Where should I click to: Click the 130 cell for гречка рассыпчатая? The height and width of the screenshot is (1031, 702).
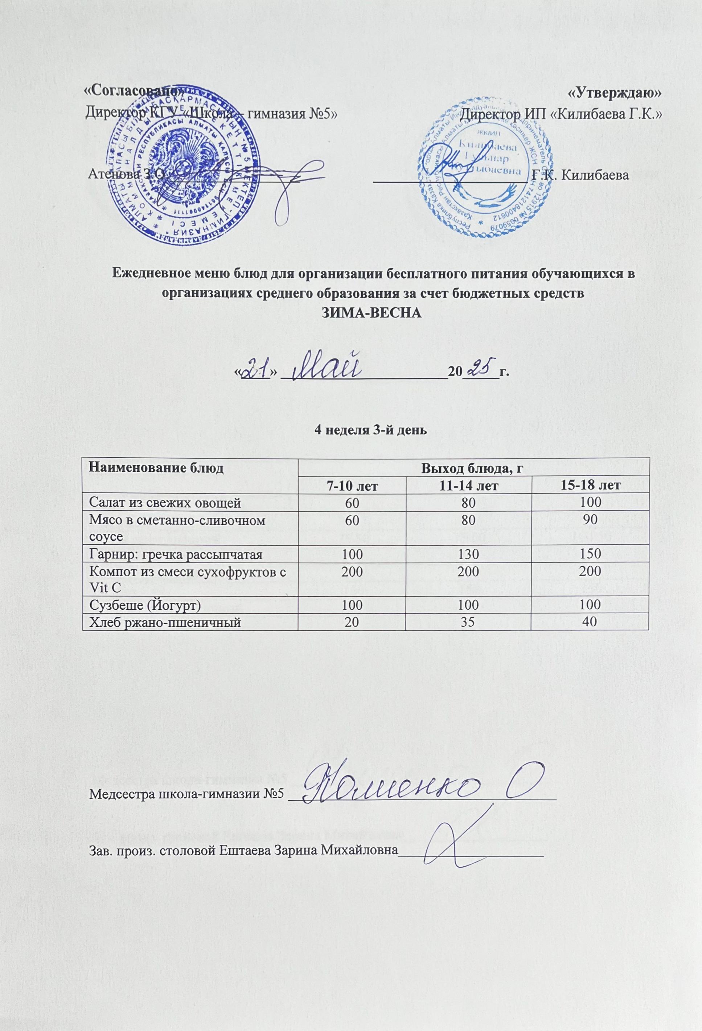(x=468, y=554)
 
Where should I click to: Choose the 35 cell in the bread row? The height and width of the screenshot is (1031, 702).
(x=468, y=622)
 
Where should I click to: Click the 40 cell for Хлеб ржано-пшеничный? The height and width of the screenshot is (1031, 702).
(x=590, y=622)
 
